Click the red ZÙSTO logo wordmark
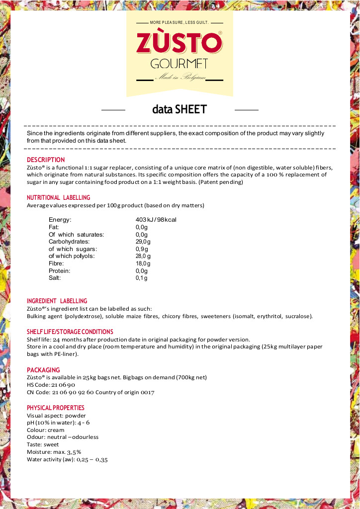point(179,43)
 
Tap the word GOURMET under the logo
point(179,64)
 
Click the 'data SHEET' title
point(180,109)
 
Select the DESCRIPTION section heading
point(46,160)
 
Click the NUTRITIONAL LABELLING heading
point(59,198)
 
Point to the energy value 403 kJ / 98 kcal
point(156,220)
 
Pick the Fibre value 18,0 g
point(143,263)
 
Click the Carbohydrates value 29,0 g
point(143,242)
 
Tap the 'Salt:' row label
point(55,278)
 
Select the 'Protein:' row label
point(60,271)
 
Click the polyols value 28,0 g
point(143,256)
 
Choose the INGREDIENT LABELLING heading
point(57,301)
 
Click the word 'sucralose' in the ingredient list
point(298,316)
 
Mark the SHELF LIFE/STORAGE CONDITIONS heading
point(70,332)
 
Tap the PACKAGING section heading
point(43,370)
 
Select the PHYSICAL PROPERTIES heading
point(56,408)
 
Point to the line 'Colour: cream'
point(45,430)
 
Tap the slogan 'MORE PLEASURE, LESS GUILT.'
point(179,23)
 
